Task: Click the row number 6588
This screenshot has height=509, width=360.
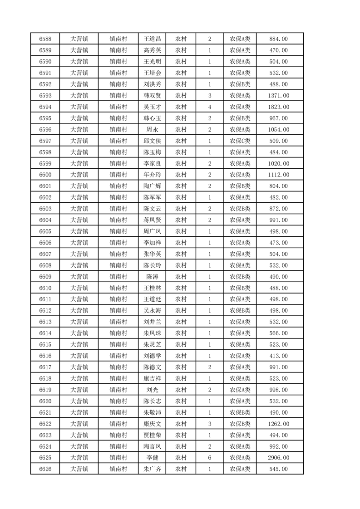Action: click(x=45, y=39)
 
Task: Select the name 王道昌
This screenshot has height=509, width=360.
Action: click(x=152, y=39)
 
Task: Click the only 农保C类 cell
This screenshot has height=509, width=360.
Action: click(x=240, y=141)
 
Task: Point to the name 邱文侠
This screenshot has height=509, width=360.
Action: click(x=152, y=141)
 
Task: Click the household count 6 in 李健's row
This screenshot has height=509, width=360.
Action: click(x=209, y=458)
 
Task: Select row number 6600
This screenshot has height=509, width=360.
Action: click(x=45, y=175)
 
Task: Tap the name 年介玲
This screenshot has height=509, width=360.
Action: click(x=152, y=175)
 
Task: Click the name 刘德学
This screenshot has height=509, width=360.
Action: click(x=152, y=356)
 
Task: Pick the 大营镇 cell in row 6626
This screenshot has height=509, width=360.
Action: click(x=79, y=470)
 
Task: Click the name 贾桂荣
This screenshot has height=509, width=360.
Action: click(x=152, y=436)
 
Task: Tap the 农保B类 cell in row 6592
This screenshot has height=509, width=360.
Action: click(x=240, y=84)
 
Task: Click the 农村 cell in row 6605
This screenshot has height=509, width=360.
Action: click(x=181, y=231)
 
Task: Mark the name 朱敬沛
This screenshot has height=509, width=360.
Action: click(x=152, y=413)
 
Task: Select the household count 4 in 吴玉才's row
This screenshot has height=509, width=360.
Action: click(x=209, y=107)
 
